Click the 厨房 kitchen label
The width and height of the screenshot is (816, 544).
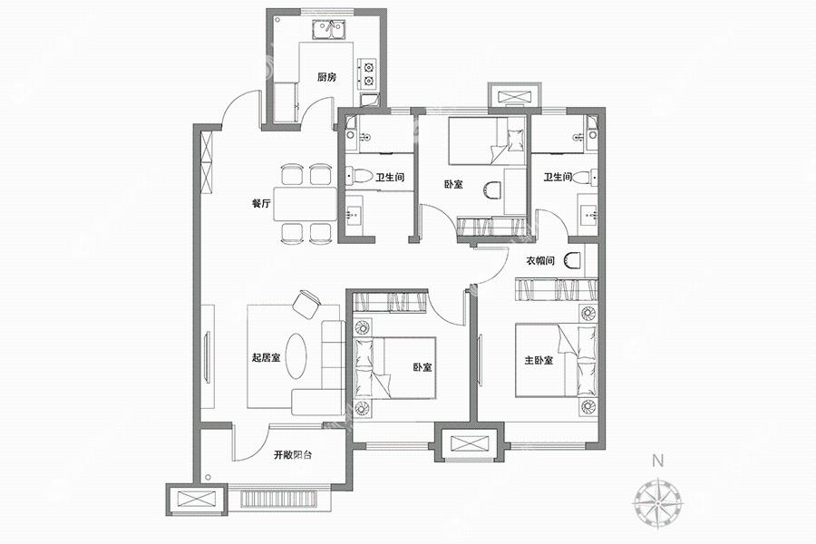pyautogui.click(x=326, y=77)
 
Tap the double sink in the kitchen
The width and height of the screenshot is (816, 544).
pyautogui.click(x=328, y=29)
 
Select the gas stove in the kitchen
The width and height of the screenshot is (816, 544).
pyautogui.click(x=368, y=73)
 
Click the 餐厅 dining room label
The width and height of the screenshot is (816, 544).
pyautogui.click(x=261, y=203)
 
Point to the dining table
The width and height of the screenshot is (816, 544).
pyautogui.click(x=306, y=203)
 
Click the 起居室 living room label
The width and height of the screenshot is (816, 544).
pyautogui.click(x=266, y=357)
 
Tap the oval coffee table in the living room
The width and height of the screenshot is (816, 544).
pyautogui.click(x=296, y=356)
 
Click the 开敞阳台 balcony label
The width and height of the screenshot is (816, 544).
pyautogui.click(x=293, y=455)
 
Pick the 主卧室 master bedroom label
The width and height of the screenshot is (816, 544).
pyautogui.click(x=539, y=360)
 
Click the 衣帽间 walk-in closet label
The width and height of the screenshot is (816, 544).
pyautogui.click(x=540, y=261)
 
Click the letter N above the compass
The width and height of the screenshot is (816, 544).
pyautogui.click(x=658, y=461)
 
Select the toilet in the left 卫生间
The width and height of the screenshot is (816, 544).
pyautogui.click(x=359, y=177)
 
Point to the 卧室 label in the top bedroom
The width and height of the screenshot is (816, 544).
pyautogui.click(x=453, y=184)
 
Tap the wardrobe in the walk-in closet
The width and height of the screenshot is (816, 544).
pyautogui.click(x=557, y=290)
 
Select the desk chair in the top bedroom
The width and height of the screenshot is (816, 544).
pyautogui.click(x=491, y=190)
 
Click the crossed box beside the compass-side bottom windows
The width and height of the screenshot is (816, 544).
pyautogui.click(x=470, y=443)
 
